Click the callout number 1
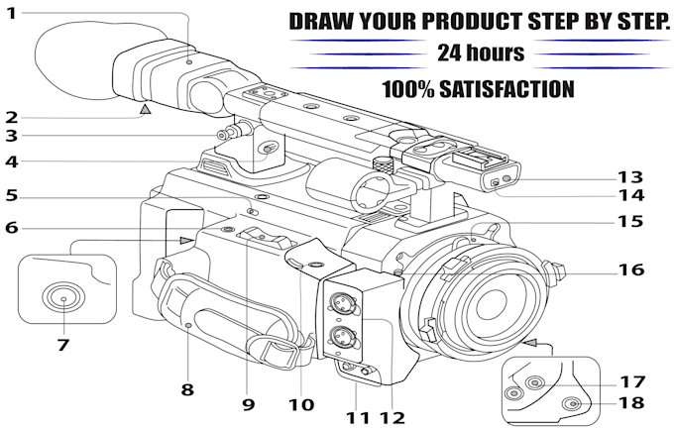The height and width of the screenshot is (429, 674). (11, 13)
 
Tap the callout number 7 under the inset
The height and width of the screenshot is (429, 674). (62, 345)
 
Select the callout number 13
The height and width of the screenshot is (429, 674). (630, 177)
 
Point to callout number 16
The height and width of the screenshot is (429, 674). (631, 269)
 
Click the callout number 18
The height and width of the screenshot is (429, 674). (631, 403)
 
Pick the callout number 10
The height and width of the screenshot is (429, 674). (301, 404)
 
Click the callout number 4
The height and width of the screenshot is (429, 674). (12, 162)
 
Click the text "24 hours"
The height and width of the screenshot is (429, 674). (481, 54)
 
